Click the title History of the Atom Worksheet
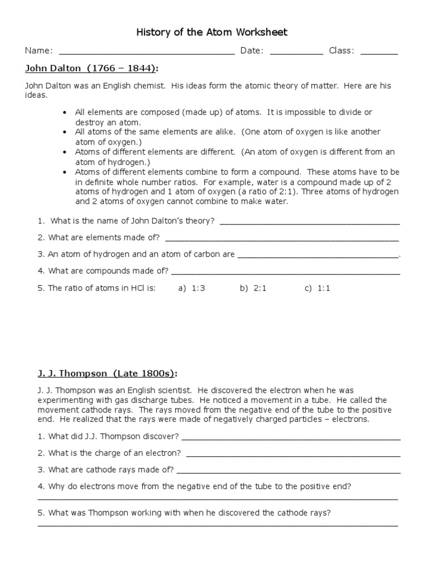(x=212, y=32)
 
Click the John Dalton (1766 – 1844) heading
(x=92, y=68)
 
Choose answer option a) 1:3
(x=192, y=289)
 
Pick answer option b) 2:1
(x=254, y=289)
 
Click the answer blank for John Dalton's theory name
(x=310, y=223)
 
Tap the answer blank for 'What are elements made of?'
(x=282, y=239)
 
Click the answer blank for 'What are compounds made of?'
(x=286, y=273)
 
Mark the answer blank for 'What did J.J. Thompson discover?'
(x=291, y=437)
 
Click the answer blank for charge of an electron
(x=293, y=454)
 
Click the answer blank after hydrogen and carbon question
(x=318, y=256)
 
